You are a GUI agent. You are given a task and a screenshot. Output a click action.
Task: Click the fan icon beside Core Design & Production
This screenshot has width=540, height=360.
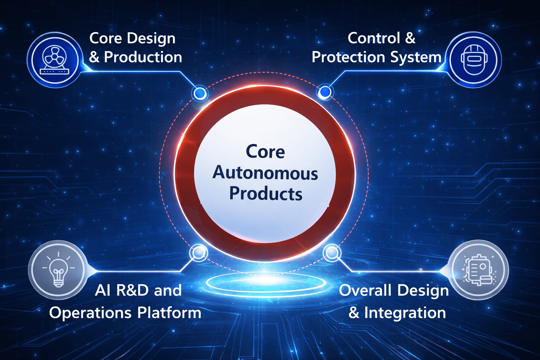coord(54,60)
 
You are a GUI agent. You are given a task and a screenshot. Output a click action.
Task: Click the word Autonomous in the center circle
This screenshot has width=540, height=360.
coord(265,173)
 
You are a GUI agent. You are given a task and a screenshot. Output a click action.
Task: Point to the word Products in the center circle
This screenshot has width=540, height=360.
coord(266,194)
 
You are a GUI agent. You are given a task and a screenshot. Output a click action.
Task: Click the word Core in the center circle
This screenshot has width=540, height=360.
coord(265,152)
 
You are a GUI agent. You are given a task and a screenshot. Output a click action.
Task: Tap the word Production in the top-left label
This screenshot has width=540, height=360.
coord(143,57)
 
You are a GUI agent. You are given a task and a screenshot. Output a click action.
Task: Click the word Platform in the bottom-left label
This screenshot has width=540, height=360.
coord(169,313)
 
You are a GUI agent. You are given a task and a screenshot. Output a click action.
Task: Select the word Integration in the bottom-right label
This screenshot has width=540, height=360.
coord(405,313)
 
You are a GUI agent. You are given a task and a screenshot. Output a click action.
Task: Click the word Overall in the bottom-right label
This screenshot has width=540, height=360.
coord(365,290)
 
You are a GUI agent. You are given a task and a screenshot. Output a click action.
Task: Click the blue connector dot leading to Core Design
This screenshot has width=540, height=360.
coord(200,93)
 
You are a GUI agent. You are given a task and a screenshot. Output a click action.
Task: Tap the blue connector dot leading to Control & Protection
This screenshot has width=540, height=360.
coord(324,92)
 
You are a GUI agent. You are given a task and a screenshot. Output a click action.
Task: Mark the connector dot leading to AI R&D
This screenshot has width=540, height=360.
coord(199,252)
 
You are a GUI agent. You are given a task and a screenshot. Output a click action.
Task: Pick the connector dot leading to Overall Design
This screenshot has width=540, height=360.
coord(332,252)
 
